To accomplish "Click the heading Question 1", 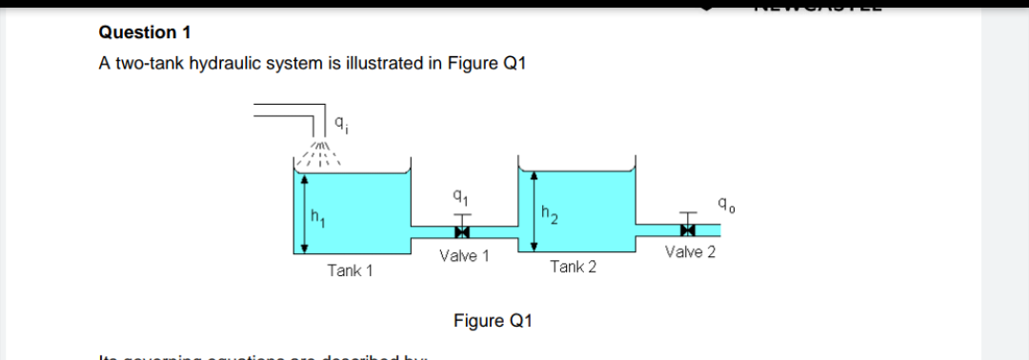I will pyautogui.click(x=145, y=32).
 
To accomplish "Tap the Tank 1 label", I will pyautogui.click(x=350, y=270).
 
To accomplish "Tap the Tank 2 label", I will pyautogui.click(x=574, y=267).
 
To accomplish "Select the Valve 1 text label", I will pyautogui.click(x=464, y=255).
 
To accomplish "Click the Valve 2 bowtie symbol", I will pyautogui.click(x=687, y=230).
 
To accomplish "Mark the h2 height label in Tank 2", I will pyautogui.click(x=547, y=214).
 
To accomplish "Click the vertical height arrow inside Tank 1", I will pyautogui.click(x=304, y=213).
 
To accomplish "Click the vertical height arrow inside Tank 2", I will pyautogui.click(x=534, y=211).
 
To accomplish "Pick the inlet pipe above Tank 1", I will pyautogui.click(x=291, y=112).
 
